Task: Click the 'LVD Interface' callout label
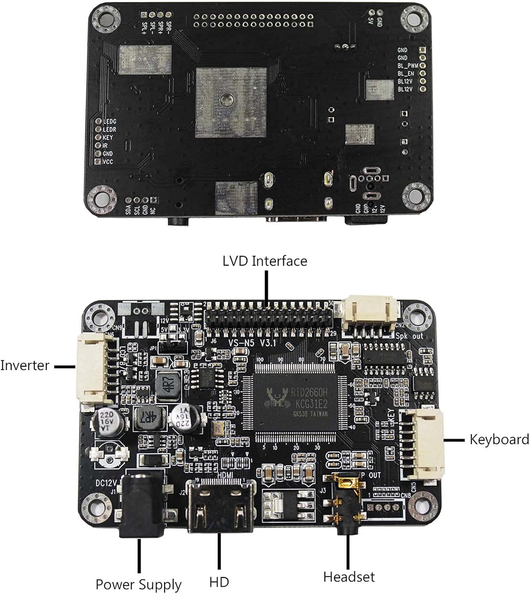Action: point(265,261)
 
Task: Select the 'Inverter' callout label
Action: point(25,365)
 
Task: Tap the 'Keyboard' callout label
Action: point(499,439)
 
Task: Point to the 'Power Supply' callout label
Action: point(138,584)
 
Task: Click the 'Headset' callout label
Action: point(349,577)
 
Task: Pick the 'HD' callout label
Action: point(219,582)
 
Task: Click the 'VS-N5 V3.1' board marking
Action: point(252,342)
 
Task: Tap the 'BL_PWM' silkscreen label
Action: point(408,66)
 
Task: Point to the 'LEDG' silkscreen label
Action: point(109,122)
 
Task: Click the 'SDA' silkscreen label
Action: point(128,210)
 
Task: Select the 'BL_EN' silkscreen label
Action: point(406,74)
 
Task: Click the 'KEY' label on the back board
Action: point(108,137)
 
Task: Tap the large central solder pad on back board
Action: point(231,102)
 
